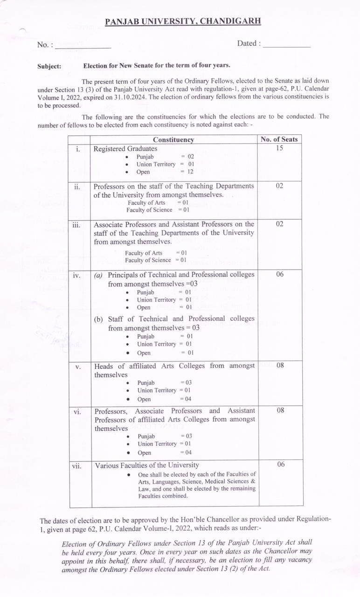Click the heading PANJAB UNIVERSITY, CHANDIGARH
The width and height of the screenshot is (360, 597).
(x=183, y=21)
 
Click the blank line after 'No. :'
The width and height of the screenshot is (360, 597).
(x=83, y=46)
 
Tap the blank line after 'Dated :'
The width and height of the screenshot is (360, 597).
(x=286, y=45)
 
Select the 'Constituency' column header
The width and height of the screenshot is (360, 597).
(x=173, y=139)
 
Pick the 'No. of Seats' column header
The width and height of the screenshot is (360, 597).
(x=279, y=139)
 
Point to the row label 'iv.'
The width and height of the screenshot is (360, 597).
(x=77, y=275)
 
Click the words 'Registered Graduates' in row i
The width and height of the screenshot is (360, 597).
(x=125, y=149)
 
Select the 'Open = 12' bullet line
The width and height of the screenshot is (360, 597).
(x=166, y=172)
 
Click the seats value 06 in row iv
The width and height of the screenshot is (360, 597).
(x=279, y=274)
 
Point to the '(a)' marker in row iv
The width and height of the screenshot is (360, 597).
(x=98, y=275)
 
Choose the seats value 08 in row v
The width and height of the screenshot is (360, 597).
(x=280, y=365)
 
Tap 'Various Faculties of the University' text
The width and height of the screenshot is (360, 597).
(x=147, y=465)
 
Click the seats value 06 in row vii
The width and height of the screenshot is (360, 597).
(x=280, y=465)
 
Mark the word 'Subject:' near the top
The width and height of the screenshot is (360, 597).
(x=49, y=66)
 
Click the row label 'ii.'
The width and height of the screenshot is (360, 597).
(x=77, y=187)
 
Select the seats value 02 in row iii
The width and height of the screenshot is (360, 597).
(x=279, y=224)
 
